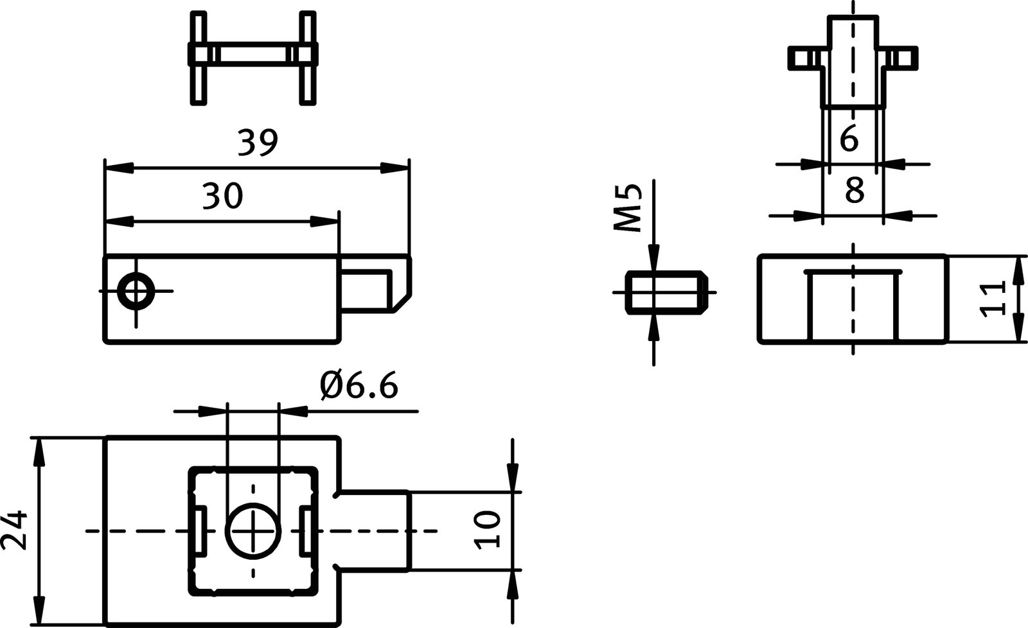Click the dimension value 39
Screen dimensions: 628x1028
coord(257,143)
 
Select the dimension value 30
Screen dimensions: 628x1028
coord(223,196)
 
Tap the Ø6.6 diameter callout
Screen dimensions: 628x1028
coord(359,387)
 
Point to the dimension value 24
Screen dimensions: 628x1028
coord(14,530)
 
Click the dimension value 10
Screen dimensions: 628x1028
coord(488,530)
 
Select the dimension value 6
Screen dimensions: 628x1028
coord(849,139)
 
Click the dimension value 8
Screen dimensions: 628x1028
coord(854,191)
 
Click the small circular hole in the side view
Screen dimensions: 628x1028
coord(136,292)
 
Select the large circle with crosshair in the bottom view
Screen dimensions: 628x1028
coord(253,531)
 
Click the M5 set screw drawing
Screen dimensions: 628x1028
coord(666,293)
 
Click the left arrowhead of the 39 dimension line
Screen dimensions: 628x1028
coord(119,168)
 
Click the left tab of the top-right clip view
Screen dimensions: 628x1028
coord(800,58)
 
